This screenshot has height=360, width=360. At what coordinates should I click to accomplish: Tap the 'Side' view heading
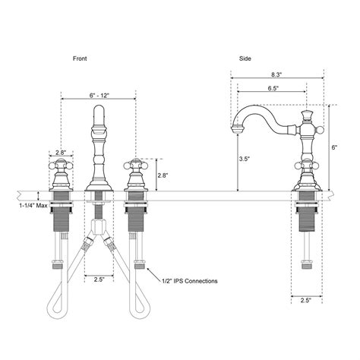[245, 58]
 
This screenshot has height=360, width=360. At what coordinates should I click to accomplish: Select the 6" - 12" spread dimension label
[99, 95]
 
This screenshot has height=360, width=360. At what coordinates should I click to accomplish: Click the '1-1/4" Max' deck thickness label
[33, 206]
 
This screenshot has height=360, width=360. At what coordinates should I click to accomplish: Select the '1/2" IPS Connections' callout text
[189, 280]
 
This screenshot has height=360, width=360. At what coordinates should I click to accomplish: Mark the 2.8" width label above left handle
[61, 153]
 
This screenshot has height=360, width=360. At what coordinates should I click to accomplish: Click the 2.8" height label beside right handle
[164, 174]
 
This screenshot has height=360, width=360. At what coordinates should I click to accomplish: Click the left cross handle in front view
[61, 166]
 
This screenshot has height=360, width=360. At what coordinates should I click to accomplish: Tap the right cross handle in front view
[136, 166]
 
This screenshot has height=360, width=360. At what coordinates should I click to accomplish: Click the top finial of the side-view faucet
[308, 115]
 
